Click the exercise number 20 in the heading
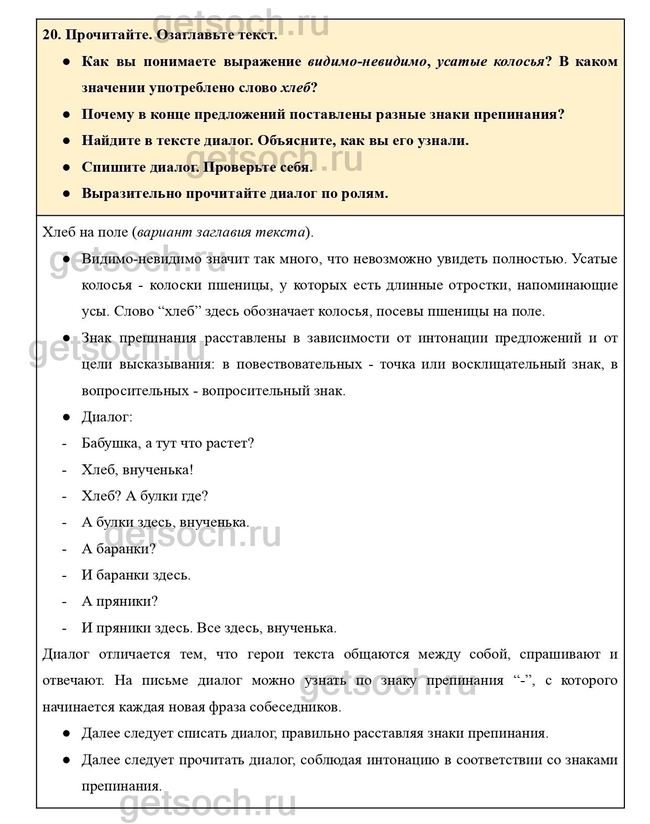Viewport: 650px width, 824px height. (52, 36)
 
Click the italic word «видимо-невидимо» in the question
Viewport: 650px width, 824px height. (366, 62)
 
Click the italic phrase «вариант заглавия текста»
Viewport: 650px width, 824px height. (221, 232)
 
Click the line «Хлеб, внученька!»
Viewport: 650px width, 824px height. (138, 470)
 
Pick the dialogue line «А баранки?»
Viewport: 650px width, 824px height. (119, 549)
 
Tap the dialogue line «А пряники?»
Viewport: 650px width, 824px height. (119, 601)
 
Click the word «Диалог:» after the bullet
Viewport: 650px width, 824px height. (107, 417)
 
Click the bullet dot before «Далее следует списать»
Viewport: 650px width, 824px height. (66, 733)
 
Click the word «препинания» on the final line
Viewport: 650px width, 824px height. (120, 786)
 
